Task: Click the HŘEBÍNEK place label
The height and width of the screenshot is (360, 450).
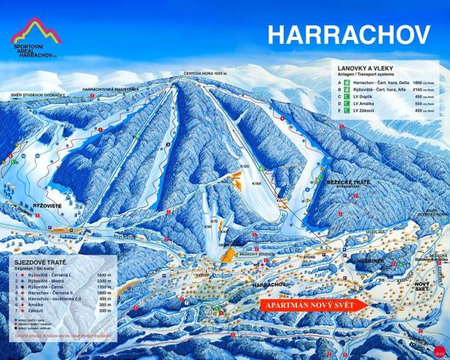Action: tap(370, 262)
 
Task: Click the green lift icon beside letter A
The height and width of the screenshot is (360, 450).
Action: tap(347, 82)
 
